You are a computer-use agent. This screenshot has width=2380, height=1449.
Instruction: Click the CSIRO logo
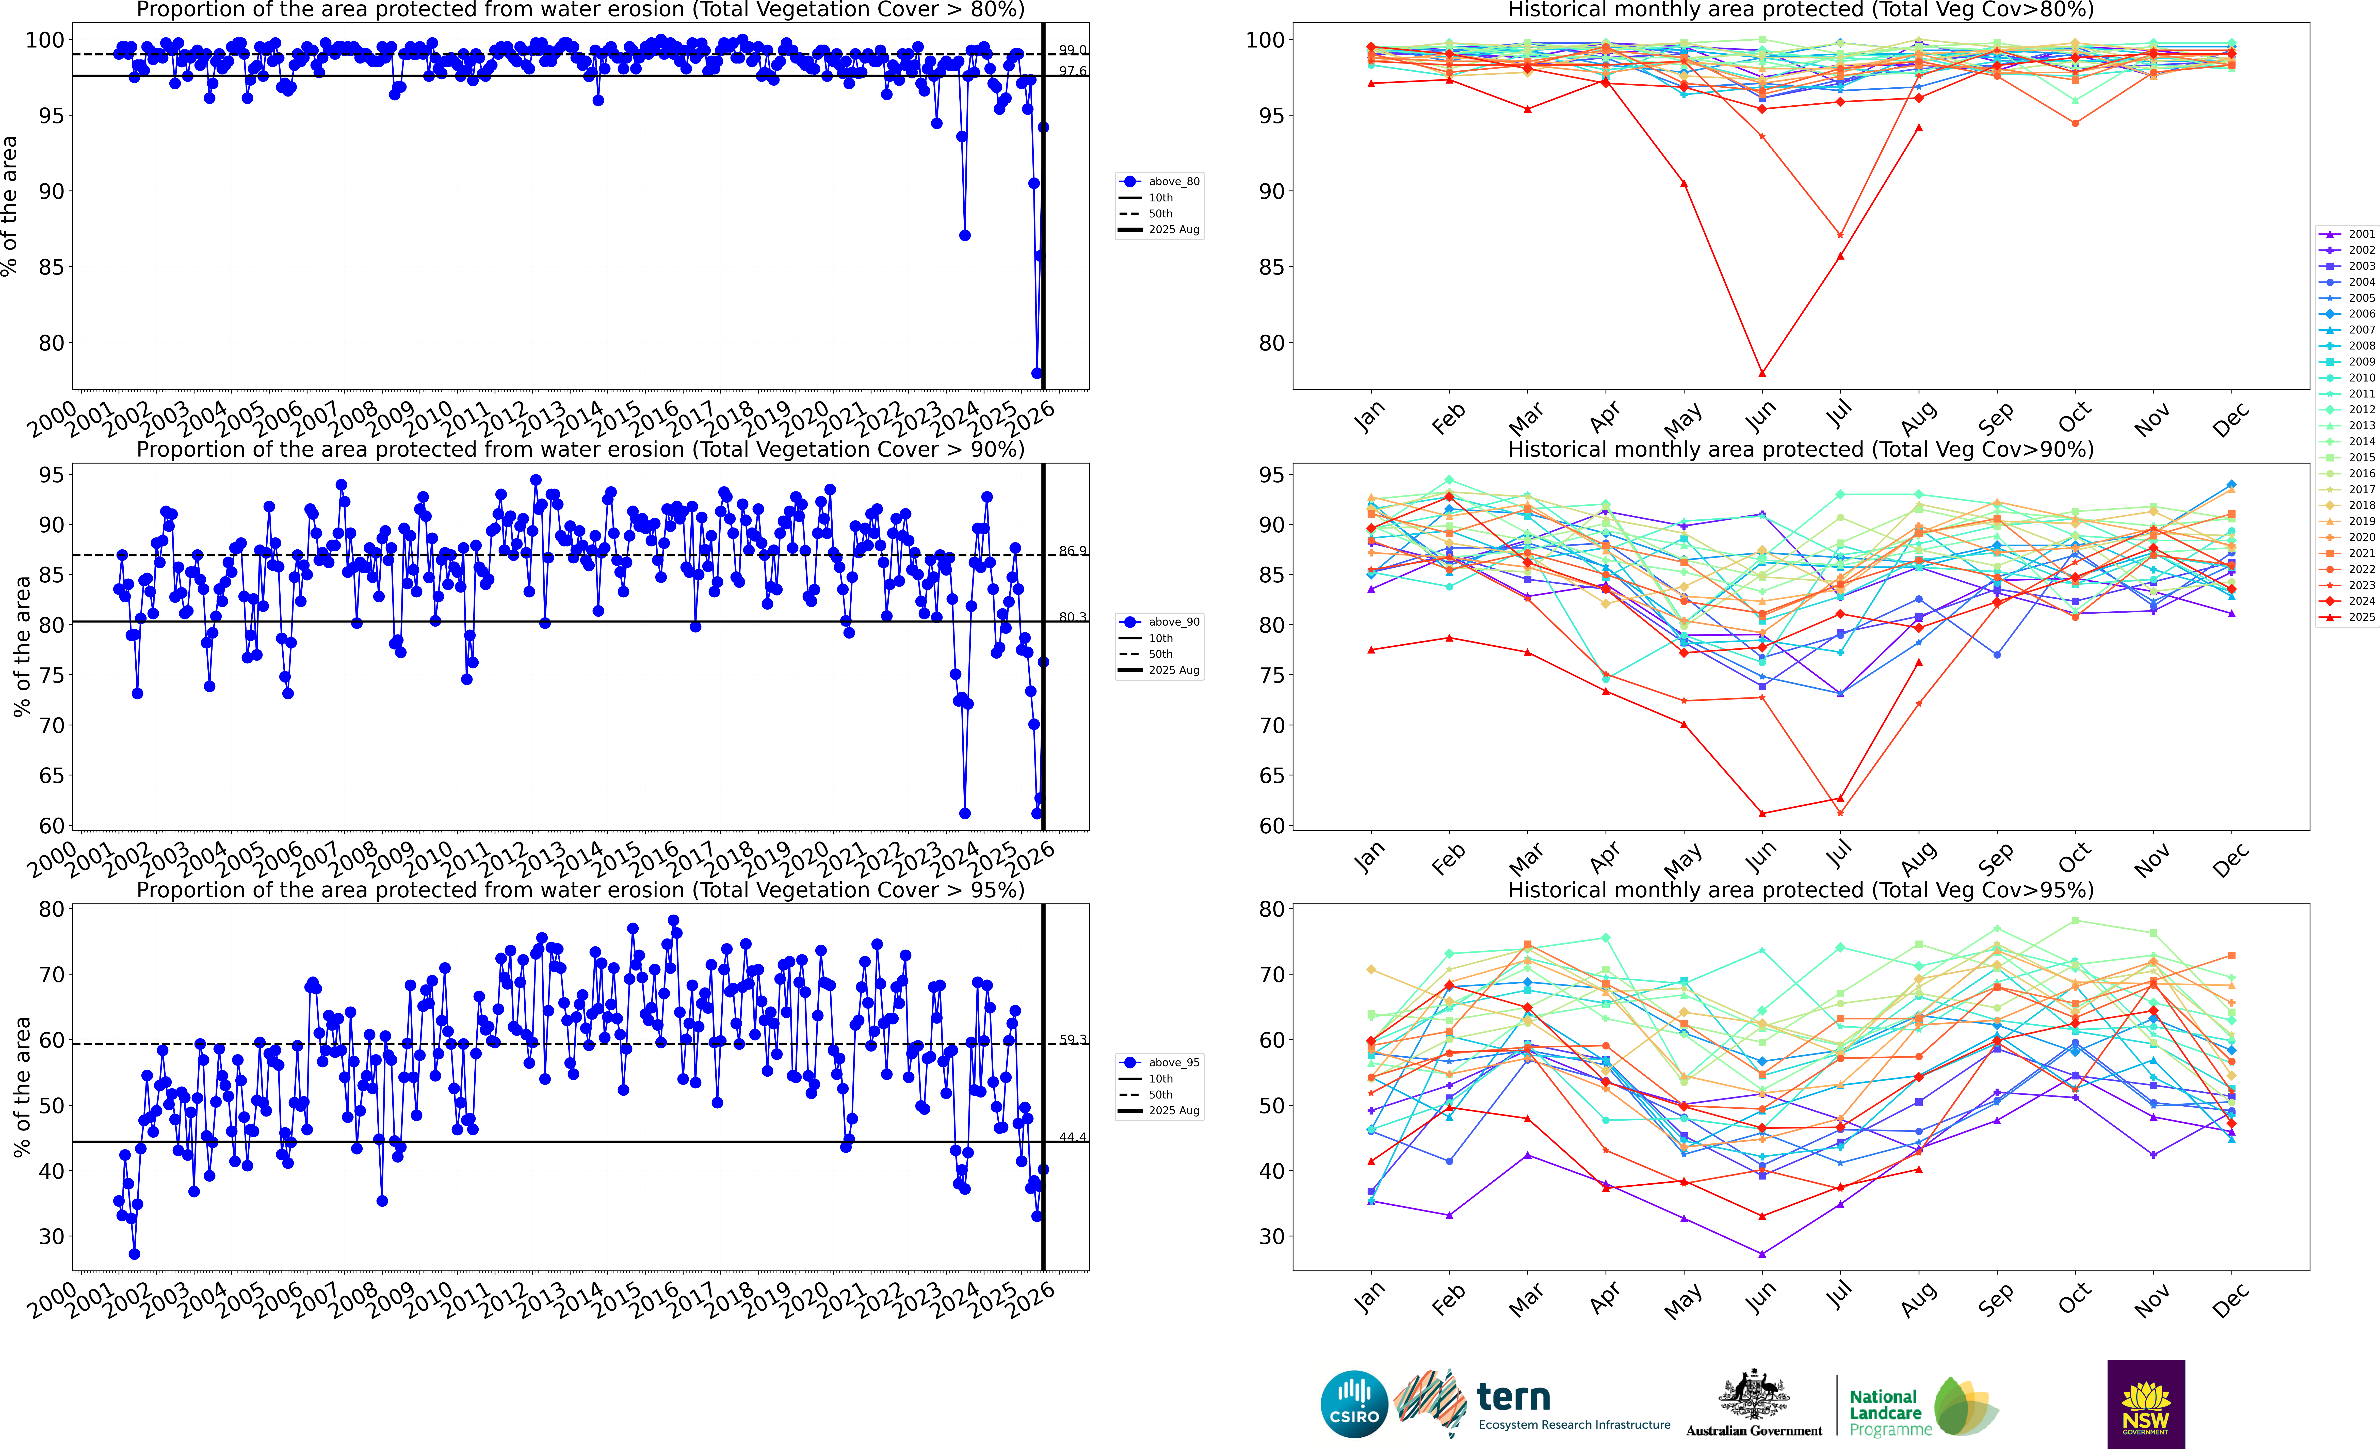click(x=1354, y=1404)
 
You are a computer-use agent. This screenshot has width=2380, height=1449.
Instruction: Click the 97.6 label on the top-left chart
click(x=1072, y=71)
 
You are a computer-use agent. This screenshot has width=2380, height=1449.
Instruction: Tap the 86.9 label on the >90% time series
click(x=1072, y=552)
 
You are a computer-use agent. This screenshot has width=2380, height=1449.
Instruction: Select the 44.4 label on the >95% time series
click(x=1072, y=1137)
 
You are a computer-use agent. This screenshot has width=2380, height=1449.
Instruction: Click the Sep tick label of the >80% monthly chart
click(x=1996, y=418)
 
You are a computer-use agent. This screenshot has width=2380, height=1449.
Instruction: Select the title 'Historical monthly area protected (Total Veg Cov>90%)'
click(x=1801, y=449)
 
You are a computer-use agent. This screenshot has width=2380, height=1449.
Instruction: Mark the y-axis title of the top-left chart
click(x=10, y=206)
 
